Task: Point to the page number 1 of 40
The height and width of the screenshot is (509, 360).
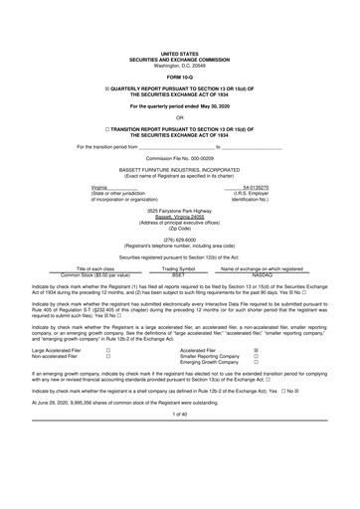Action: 179,440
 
